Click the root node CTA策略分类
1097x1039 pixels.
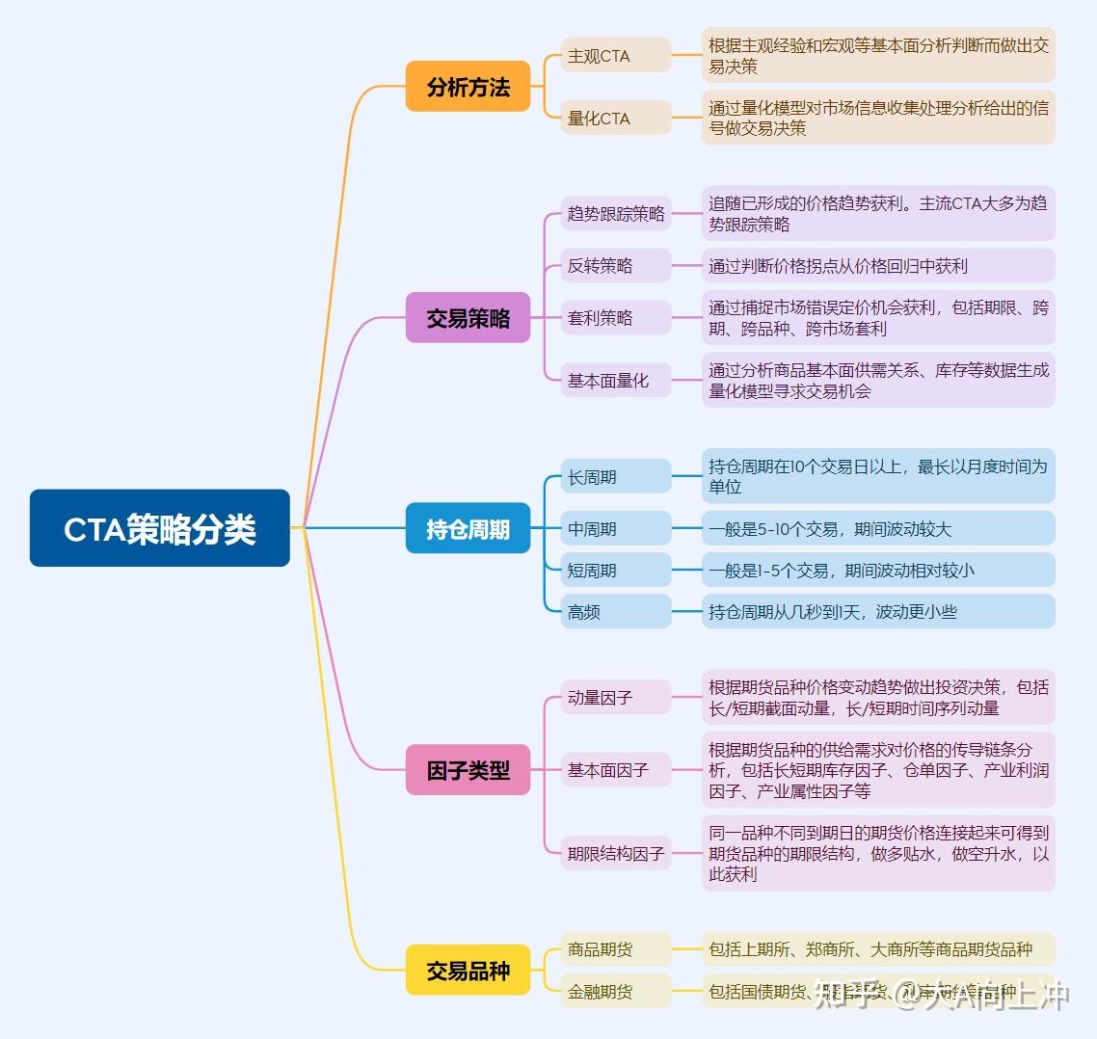point(159,528)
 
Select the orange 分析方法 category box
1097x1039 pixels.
point(468,87)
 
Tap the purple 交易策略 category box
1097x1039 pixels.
point(468,318)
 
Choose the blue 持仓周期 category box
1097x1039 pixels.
point(468,528)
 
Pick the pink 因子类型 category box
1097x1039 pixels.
point(468,770)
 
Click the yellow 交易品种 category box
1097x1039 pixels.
point(468,971)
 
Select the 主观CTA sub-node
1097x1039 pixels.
point(615,56)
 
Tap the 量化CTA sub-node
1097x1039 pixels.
point(615,118)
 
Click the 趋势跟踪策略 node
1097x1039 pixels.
point(615,213)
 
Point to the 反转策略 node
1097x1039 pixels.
point(615,265)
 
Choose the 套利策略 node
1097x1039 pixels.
point(615,317)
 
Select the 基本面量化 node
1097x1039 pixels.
point(615,380)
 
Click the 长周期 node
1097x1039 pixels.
point(615,476)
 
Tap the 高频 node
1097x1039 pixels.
point(615,611)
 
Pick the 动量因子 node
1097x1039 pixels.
point(615,697)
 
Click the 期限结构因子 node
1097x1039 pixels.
point(615,853)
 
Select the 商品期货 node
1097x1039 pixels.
point(615,949)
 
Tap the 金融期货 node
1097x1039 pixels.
point(615,991)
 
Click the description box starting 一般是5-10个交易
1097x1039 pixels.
point(877,528)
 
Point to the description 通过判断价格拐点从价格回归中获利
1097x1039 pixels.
point(877,265)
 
